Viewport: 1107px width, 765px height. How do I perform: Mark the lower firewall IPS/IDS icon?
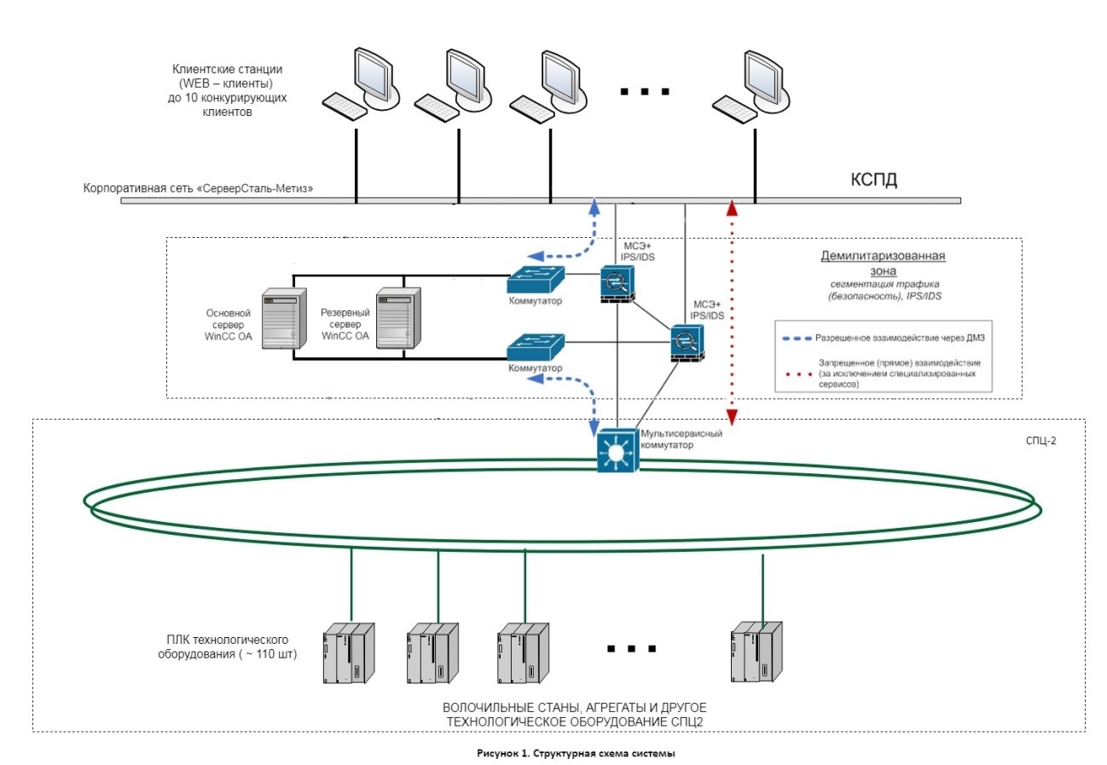coord(685,342)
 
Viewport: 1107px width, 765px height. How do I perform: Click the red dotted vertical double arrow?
coord(731,311)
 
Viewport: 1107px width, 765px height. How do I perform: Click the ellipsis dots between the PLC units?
coord(631,649)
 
